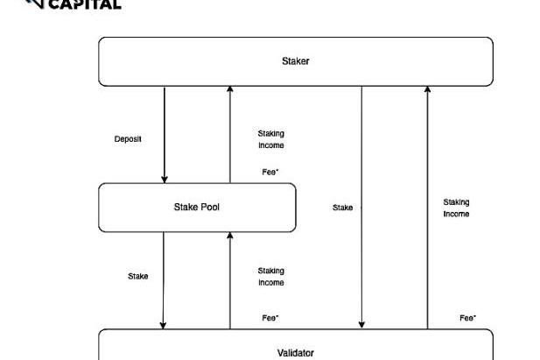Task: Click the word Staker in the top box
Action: click(x=295, y=61)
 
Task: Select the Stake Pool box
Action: click(x=196, y=208)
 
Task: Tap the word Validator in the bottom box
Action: click(x=295, y=352)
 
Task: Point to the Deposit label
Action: click(x=128, y=139)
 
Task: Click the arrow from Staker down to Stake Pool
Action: click(x=165, y=131)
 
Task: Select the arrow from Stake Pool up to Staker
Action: click(x=230, y=131)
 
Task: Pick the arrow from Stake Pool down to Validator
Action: click(x=163, y=280)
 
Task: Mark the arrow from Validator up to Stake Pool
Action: click(x=230, y=280)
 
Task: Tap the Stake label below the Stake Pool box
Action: click(x=138, y=276)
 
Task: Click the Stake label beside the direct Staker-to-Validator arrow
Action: click(x=343, y=208)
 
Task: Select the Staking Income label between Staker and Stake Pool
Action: click(x=270, y=139)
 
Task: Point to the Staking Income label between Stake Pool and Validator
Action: click(x=270, y=277)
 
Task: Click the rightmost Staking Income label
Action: click(x=456, y=208)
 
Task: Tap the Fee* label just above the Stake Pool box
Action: click(x=270, y=172)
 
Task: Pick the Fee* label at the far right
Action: click(x=468, y=318)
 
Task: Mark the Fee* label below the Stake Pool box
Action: click(x=270, y=318)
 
